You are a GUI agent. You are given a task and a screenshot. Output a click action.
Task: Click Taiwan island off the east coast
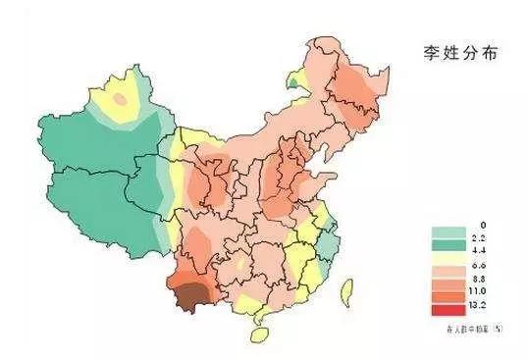point(345,288)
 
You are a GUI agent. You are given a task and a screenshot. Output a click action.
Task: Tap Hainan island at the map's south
point(259,334)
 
